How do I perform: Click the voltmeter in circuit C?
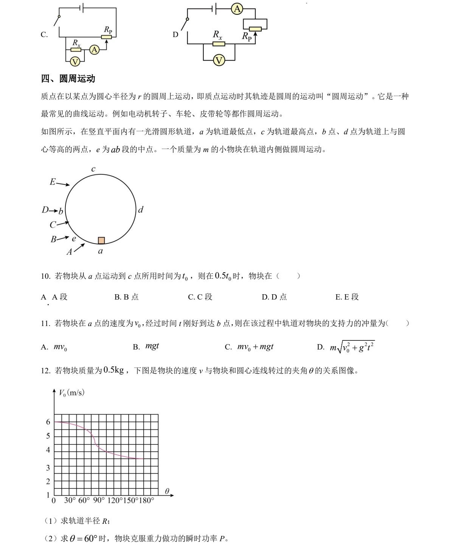click(75, 62)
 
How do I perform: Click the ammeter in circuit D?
click(237, 9)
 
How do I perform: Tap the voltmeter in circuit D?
click(219, 60)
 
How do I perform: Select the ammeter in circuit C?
click(94, 49)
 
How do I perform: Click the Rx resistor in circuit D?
click(219, 44)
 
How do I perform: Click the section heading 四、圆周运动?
click(68, 79)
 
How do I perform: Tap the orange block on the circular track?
click(101, 240)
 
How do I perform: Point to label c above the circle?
click(93, 169)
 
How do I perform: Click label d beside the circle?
click(141, 210)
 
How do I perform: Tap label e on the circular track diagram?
click(74, 239)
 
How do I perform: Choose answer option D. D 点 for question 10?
click(274, 297)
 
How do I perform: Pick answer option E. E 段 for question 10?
click(347, 297)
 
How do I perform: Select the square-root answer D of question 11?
click(346, 347)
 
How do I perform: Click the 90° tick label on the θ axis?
click(98, 500)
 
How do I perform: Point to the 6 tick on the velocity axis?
click(48, 422)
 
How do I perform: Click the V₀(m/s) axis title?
click(72, 393)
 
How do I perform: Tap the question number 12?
click(45, 371)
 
